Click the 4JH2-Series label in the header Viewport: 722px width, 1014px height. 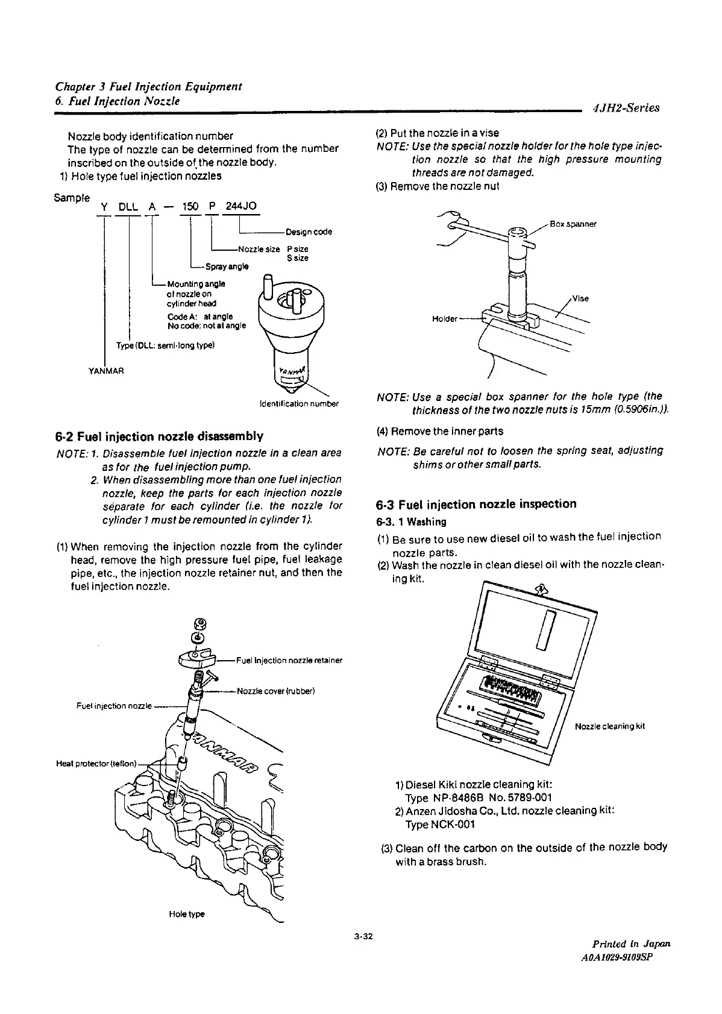click(x=626, y=109)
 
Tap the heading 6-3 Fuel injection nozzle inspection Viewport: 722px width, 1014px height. click(x=476, y=504)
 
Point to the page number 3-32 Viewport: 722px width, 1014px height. click(x=364, y=936)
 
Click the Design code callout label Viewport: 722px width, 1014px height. click(x=309, y=232)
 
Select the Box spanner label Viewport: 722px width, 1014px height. click(x=573, y=224)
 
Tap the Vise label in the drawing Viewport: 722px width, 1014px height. click(x=580, y=298)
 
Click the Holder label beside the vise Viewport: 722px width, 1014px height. click(x=445, y=319)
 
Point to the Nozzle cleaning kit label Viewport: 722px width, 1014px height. click(x=610, y=726)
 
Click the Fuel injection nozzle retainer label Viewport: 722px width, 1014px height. click(x=289, y=660)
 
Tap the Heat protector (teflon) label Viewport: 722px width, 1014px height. click(x=96, y=763)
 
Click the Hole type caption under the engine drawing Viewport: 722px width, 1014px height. click(x=187, y=914)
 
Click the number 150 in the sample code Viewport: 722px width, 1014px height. click(x=190, y=207)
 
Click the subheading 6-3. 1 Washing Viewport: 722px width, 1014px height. click(x=412, y=521)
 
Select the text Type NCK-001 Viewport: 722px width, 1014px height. click(x=441, y=824)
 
